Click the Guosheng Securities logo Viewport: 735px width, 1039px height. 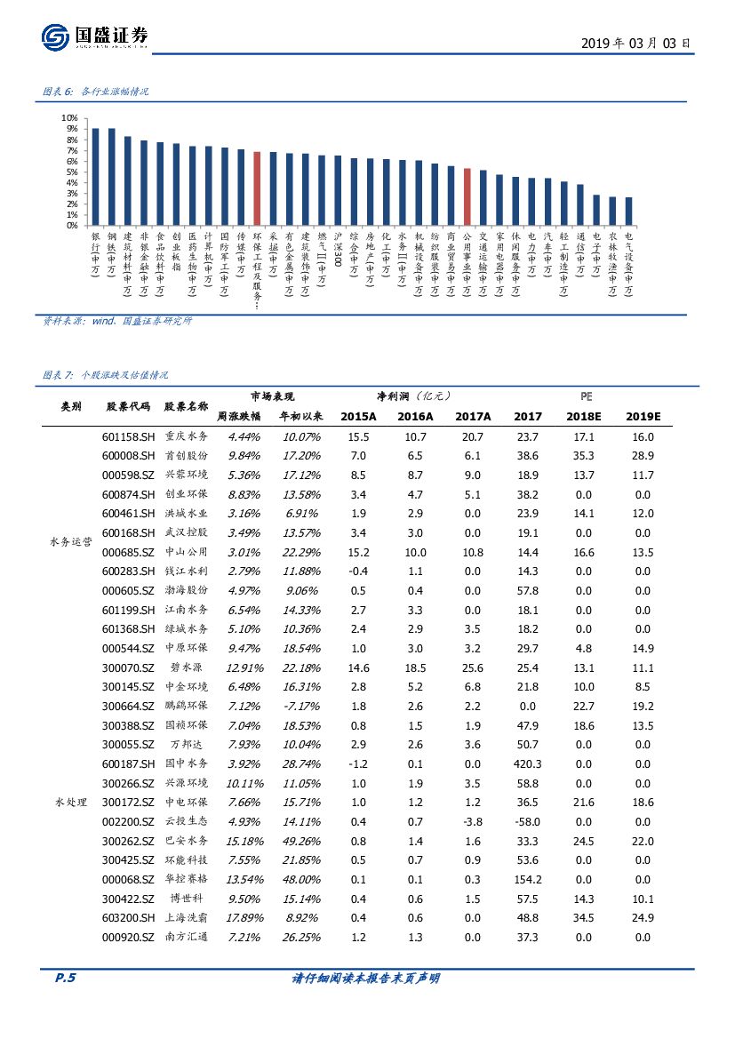(x=94, y=36)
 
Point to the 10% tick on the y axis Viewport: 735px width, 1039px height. (x=69, y=117)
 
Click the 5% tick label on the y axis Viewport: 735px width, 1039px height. (x=71, y=172)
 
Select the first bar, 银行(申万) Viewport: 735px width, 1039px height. (x=95, y=177)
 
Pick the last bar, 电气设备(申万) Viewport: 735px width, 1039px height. (x=629, y=212)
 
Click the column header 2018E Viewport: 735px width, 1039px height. (x=586, y=416)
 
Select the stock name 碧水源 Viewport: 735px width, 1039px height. (x=187, y=667)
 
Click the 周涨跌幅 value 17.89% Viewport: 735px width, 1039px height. (x=243, y=917)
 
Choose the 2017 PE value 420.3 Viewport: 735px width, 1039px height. (x=527, y=763)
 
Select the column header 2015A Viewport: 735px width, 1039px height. (x=358, y=416)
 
